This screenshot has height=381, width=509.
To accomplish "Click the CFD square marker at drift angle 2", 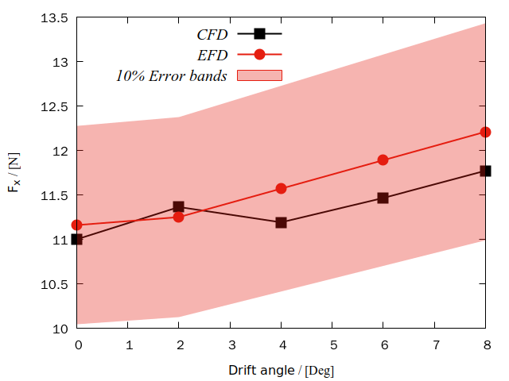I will pyautogui.click(x=179, y=207).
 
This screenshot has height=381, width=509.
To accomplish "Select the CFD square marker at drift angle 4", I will pyautogui.click(x=281, y=222).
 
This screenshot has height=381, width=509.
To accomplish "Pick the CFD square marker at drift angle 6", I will pyautogui.click(x=383, y=198).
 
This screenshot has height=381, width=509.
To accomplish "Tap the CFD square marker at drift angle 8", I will pyautogui.click(x=485, y=171).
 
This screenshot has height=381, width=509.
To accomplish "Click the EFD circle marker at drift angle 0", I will pyautogui.click(x=77, y=225).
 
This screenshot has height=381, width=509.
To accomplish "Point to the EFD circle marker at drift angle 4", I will pyautogui.click(x=281, y=188).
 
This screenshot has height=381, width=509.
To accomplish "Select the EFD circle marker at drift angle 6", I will pyautogui.click(x=383, y=160).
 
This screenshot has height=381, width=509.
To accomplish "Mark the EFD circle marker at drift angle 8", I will pyautogui.click(x=485, y=132).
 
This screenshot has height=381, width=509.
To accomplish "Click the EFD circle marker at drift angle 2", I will pyautogui.click(x=179, y=217).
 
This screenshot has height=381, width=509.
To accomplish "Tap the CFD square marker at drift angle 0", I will pyautogui.click(x=77, y=239).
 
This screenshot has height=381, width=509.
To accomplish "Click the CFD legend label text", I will pyautogui.click(x=212, y=34).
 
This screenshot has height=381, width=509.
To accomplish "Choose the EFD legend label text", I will pyautogui.click(x=212, y=55).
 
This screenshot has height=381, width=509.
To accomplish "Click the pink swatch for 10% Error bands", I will pyautogui.click(x=258, y=75).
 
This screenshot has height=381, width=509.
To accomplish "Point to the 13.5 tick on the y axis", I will pyautogui.click(x=55, y=17).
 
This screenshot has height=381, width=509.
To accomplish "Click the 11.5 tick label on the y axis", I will pyautogui.click(x=55, y=195).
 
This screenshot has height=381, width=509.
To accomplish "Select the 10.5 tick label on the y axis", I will pyautogui.click(x=55, y=284).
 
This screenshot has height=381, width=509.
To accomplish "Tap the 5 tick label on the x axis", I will pyautogui.click(x=332, y=344).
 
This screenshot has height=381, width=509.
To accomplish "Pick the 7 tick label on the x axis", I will pyautogui.click(x=434, y=344).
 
